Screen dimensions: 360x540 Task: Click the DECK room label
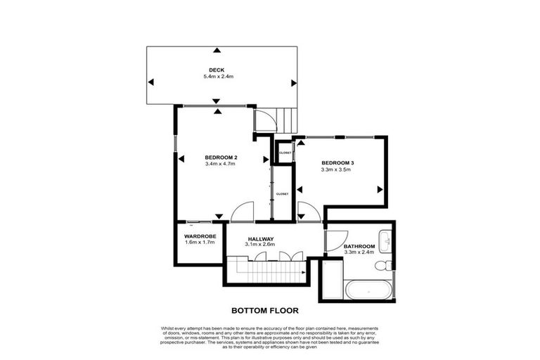pyautogui.click(x=216, y=69)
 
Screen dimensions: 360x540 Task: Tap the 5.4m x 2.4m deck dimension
pyautogui.click(x=216, y=76)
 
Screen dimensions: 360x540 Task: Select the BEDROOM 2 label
pyautogui.click(x=220, y=157)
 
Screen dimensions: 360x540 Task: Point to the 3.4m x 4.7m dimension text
pyautogui.click(x=220, y=164)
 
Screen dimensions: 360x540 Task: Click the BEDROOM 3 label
pyautogui.click(x=337, y=162)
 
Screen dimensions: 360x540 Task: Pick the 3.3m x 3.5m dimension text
pyautogui.click(x=337, y=169)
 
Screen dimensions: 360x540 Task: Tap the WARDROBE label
pyautogui.click(x=199, y=236)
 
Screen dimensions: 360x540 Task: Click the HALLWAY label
pyautogui.click(x=259, y=238)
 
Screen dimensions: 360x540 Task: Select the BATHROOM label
pyautogui.click(x=359, y=245)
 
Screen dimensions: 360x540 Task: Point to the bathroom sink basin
pyautogui.click(x=385, y=240)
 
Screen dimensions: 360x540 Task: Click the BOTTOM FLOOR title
pyautogui.click(x=265, y=309)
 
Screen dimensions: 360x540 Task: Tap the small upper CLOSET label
pyautogui.click(x=285, y=153)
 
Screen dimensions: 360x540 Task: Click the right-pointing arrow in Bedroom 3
pyautogui.click(x=379, y=188)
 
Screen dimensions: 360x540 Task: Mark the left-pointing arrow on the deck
pyautogui.click(x=150, y=82)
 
